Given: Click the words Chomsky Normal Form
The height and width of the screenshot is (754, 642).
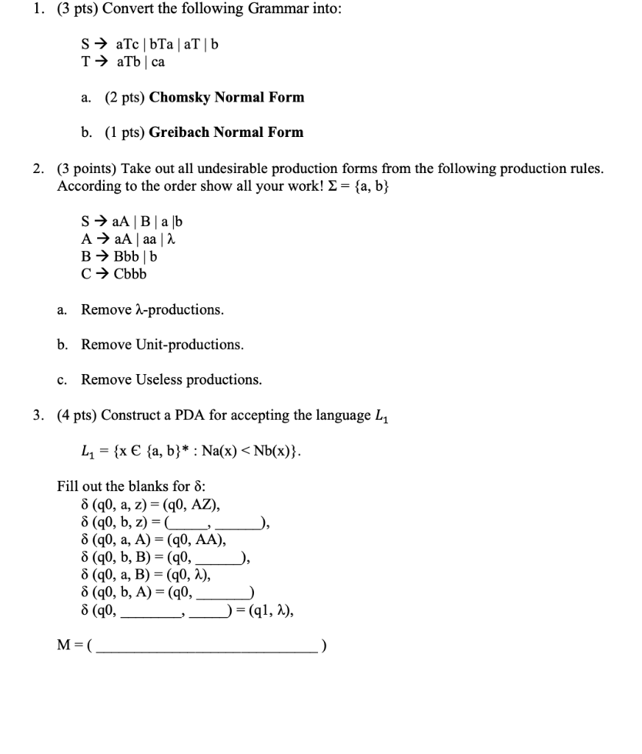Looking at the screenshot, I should pos(226,97).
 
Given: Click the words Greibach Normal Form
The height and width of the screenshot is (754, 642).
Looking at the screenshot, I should pos(226,133).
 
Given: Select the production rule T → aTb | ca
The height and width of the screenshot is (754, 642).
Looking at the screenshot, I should pos(123,62).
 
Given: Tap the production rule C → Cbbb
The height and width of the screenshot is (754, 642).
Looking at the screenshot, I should pos(114,274).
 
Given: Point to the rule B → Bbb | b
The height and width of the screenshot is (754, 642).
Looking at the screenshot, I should pos(119,256).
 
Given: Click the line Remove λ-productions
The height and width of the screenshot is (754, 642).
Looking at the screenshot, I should pos(152,309).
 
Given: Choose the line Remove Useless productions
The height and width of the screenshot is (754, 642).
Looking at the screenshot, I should pos(171,380).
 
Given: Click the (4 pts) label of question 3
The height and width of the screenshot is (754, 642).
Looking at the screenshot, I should pos(77,415).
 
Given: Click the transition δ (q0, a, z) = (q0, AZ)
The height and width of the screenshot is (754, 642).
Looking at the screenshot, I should pos(151,505).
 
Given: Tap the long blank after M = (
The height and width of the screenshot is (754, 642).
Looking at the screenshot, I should pos(208,646).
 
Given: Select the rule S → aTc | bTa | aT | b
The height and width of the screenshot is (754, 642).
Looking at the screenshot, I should pos(149,44).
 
